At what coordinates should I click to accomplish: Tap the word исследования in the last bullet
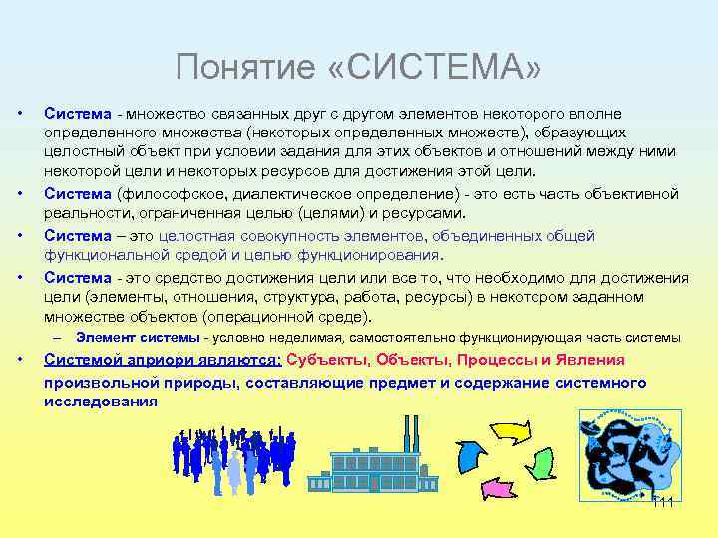pos(100,402)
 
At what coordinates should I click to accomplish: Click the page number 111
pos(662,501)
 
